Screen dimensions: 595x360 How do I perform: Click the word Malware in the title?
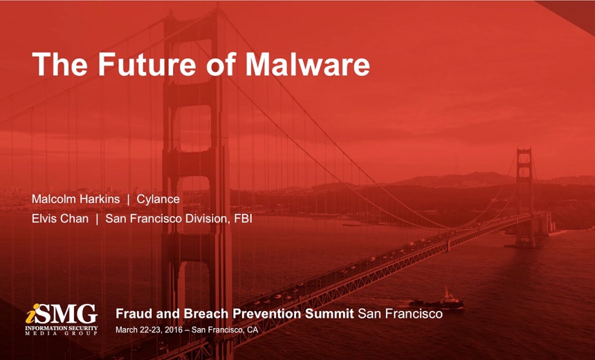point(308,64)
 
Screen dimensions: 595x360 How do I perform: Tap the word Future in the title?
point(147,64)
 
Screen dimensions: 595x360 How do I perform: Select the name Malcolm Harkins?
point(75,199)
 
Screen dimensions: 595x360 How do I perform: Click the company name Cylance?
point(158,199)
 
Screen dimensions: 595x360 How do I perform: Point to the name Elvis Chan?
point(60,219)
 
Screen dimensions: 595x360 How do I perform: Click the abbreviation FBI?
point(244,219)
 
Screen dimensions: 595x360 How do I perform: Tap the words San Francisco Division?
point(167,219)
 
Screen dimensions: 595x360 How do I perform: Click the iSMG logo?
point(62,319)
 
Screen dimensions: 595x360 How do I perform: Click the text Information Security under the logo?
point(62,327)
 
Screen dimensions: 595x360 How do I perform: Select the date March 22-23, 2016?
point(149,330)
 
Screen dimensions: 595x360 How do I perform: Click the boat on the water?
point(437,300)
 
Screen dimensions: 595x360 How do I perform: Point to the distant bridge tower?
point(524,197)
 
